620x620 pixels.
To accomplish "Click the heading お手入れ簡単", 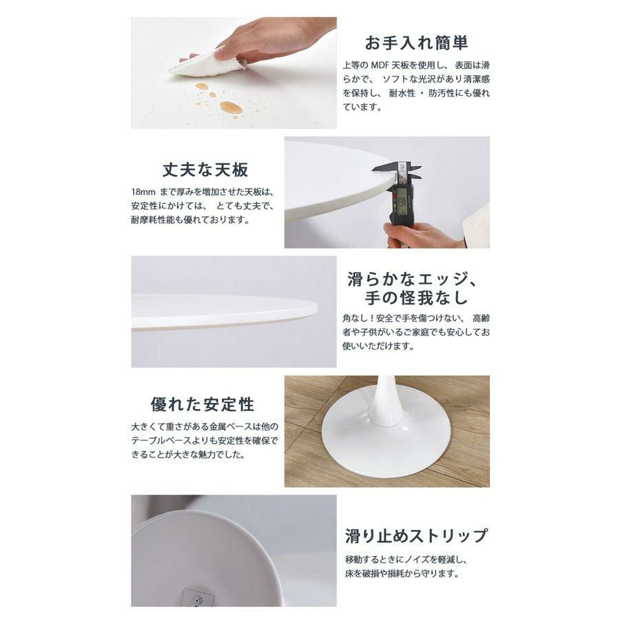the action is click(x=416, y=43).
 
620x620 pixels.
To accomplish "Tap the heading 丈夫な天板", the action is click(x=205, y=169).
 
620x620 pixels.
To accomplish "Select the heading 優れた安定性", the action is click(x=203, y=404).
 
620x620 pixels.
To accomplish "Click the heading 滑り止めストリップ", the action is click(x=417, y=535).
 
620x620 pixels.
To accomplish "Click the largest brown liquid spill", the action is click(x=231, y=107).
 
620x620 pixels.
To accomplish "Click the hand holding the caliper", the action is click(x=415, y=235).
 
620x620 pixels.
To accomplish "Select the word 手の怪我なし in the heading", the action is click(x=416, y=298).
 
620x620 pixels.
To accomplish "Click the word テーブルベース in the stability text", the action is click(x=162, y=440).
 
